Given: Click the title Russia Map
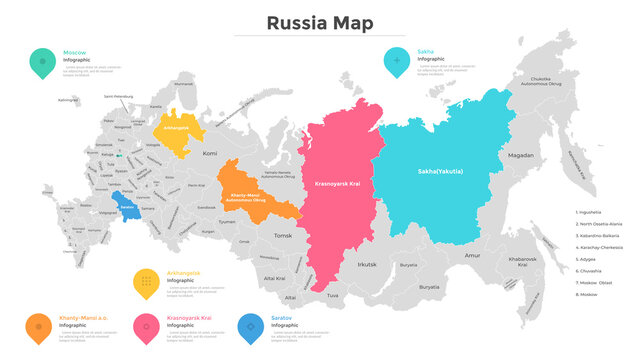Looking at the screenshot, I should (x=320, y=22).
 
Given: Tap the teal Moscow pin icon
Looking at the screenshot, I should (x=42, y=62).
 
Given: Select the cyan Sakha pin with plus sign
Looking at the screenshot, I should (x=397, y=62).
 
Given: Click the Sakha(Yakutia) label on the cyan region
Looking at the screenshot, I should (x=440, y=171).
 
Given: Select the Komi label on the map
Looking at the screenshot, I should (x=209, y=154).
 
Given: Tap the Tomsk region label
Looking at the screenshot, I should (x=283, y=235).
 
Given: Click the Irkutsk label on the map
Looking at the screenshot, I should (x=367, y=264).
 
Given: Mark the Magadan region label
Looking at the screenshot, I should (x=520, y=156).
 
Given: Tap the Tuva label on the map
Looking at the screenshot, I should (x=332, y=296).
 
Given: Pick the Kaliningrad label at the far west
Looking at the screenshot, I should (x=67, y=100).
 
